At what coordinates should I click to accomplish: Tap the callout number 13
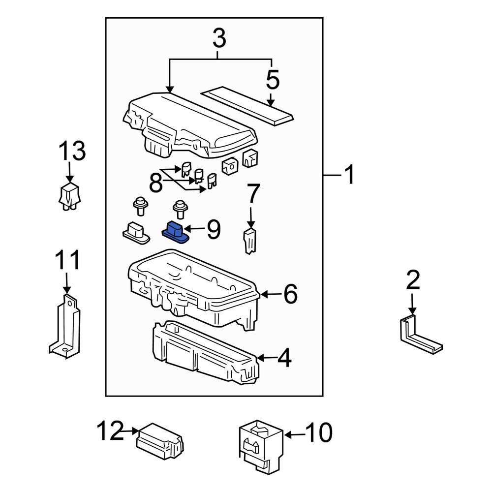[x=72, y=151]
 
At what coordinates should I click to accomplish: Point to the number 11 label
[x=67, y=261]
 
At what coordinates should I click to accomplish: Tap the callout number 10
[x=318, y=433]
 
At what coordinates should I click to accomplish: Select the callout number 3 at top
[x=219, y=38]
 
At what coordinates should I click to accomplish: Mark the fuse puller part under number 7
[x=251, y=240]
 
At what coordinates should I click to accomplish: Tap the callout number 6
[x=290, y=294]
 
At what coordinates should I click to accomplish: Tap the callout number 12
[x=109, y=432]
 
